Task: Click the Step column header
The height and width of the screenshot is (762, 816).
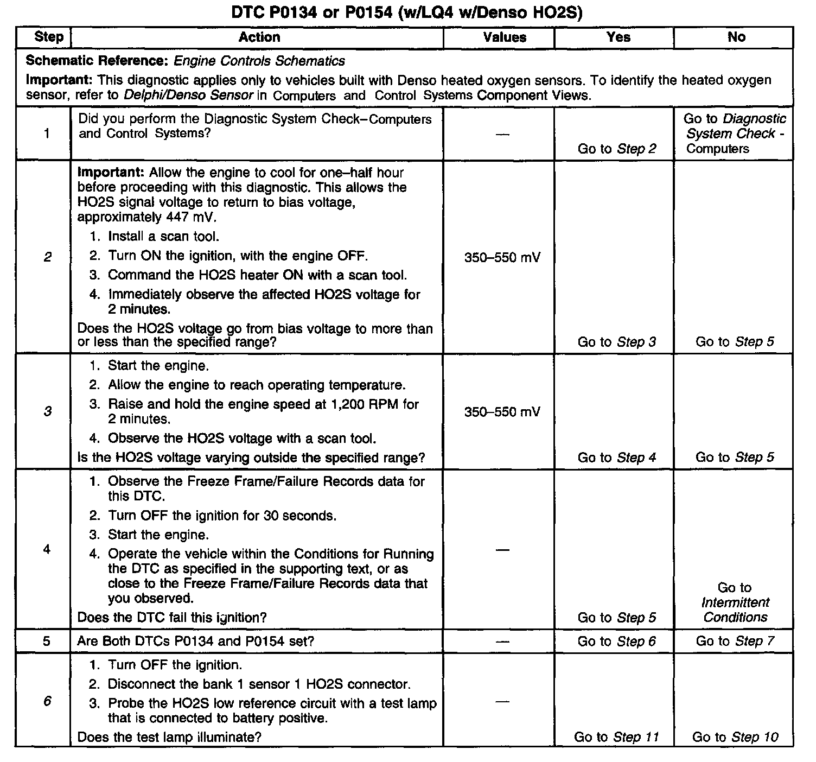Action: coord(48,37)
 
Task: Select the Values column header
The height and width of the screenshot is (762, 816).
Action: coord(504,37)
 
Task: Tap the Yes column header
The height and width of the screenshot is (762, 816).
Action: coord(618,37)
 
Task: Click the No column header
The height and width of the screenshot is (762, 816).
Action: coord(736,37)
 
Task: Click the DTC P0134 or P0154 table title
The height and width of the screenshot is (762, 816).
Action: coord(406,12)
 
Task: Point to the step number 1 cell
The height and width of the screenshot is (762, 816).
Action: coord(47,134)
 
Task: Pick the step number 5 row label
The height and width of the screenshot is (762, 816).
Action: coord(47,641)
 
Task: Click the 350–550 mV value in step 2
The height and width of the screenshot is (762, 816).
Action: coord(502,257)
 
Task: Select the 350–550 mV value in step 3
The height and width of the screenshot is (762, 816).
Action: coord(502,412)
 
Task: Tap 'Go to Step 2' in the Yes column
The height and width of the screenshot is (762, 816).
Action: coord(617,149)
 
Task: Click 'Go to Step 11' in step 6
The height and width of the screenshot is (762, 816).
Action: coord(616,737)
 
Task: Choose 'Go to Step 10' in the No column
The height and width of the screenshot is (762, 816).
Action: coord(735,737)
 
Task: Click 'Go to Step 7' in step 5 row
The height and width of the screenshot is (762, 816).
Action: coord(735,641)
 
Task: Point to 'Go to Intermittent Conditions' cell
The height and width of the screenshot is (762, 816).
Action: coord(735,602)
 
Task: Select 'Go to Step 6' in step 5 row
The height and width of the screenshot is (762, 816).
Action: coord(617,641)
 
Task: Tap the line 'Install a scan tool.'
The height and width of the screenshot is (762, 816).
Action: coord(163,237)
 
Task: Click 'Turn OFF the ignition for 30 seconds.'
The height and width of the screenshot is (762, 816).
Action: coord(222,516)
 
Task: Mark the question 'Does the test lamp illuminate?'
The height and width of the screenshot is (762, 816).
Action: coord(169,737)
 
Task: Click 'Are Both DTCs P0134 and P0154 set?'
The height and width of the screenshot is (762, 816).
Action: coord(195,641)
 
